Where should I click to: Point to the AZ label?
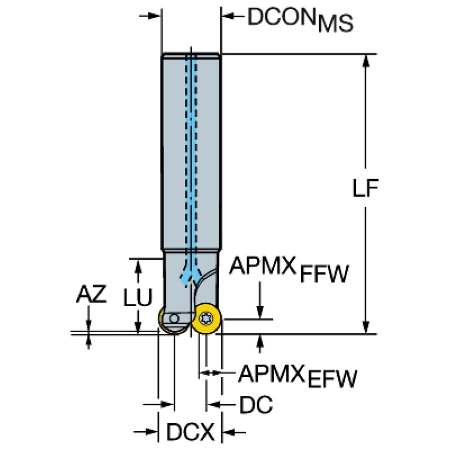point(91,296)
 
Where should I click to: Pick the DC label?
point(256,404)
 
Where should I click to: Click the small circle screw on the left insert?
point(173,318)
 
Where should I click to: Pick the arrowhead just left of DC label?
point(214,404)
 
